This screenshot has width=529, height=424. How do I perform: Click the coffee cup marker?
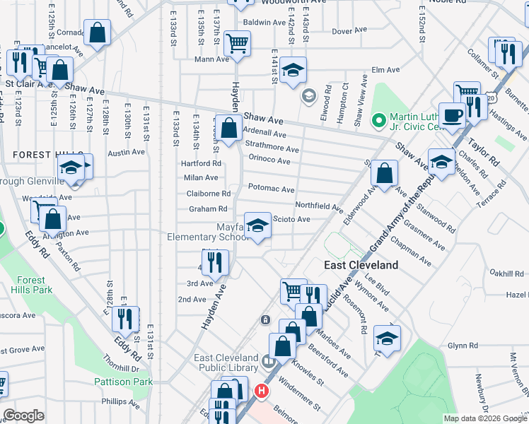click(x=452, y=114)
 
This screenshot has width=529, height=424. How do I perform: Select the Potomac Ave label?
click(x=271, y=189)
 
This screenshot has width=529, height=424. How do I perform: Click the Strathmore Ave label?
click(x=272, y=148)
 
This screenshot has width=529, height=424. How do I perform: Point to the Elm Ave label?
click(x=386, y=70)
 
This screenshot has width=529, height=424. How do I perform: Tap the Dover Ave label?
click(x=350, y=30)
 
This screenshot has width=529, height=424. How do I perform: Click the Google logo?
click(x=24, y=416)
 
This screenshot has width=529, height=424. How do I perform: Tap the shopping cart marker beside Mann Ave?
click(x=237, y=44)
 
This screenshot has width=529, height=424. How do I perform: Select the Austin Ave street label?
click(x=126, y=152)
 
